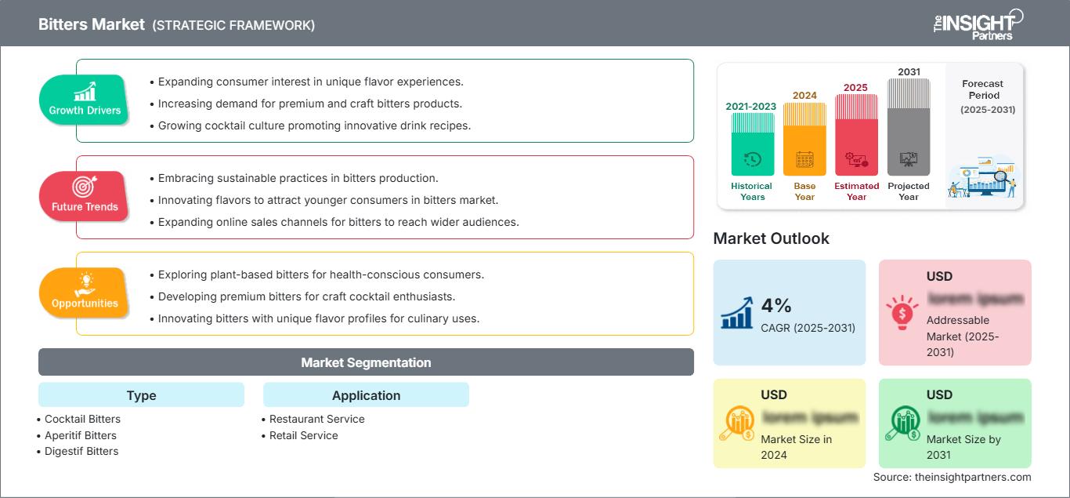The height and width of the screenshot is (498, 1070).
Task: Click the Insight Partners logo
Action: click(977, 24)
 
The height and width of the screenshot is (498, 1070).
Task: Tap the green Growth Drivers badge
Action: click(85, 100)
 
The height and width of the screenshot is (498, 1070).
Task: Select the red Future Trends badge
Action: click(85, 196)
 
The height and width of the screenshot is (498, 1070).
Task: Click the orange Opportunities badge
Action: click(85, 293)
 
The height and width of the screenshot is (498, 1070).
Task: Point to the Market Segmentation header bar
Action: click(366, 362)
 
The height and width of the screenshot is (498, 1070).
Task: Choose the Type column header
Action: click(141, 395)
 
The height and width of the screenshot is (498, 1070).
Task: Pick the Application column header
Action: click(366, 395)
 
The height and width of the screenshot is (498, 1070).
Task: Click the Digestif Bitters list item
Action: click(81, 451)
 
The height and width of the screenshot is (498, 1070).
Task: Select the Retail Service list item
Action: click(304, 435)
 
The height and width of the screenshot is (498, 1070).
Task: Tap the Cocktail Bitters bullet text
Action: click(82, 419)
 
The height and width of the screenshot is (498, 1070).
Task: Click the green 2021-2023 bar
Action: click(752, 144)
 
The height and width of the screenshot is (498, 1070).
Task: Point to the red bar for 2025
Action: click(856, 134)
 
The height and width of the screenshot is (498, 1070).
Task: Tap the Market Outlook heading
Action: click(771, 238)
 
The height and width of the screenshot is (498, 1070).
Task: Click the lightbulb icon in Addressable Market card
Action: click(902, 311)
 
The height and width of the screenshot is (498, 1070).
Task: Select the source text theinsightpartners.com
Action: click(952, 477)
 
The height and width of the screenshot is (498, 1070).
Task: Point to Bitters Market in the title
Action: click(92, 24)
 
